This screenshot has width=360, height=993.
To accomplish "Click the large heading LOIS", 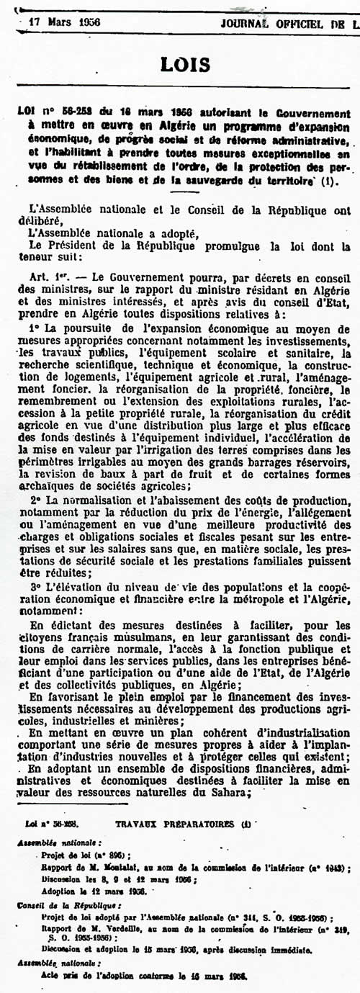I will (x=181, y=66).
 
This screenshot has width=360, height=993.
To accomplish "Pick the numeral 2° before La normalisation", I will (x=35, y=500).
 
